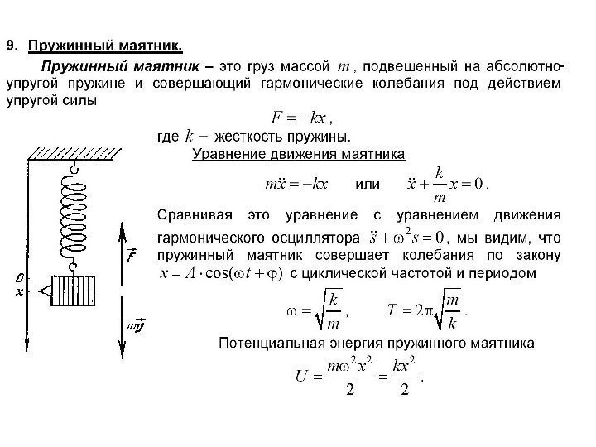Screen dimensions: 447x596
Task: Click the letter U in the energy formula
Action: tap(303, 377)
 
